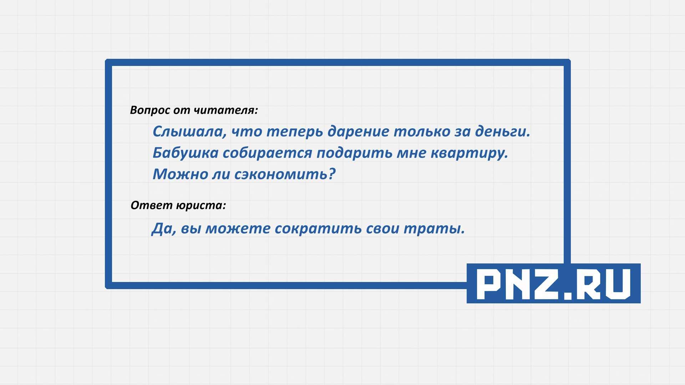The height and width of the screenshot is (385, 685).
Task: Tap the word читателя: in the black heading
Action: point(226,110)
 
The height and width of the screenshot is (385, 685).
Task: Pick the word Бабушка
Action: point(186,153)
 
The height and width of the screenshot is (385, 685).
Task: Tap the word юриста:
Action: point(201,206)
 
